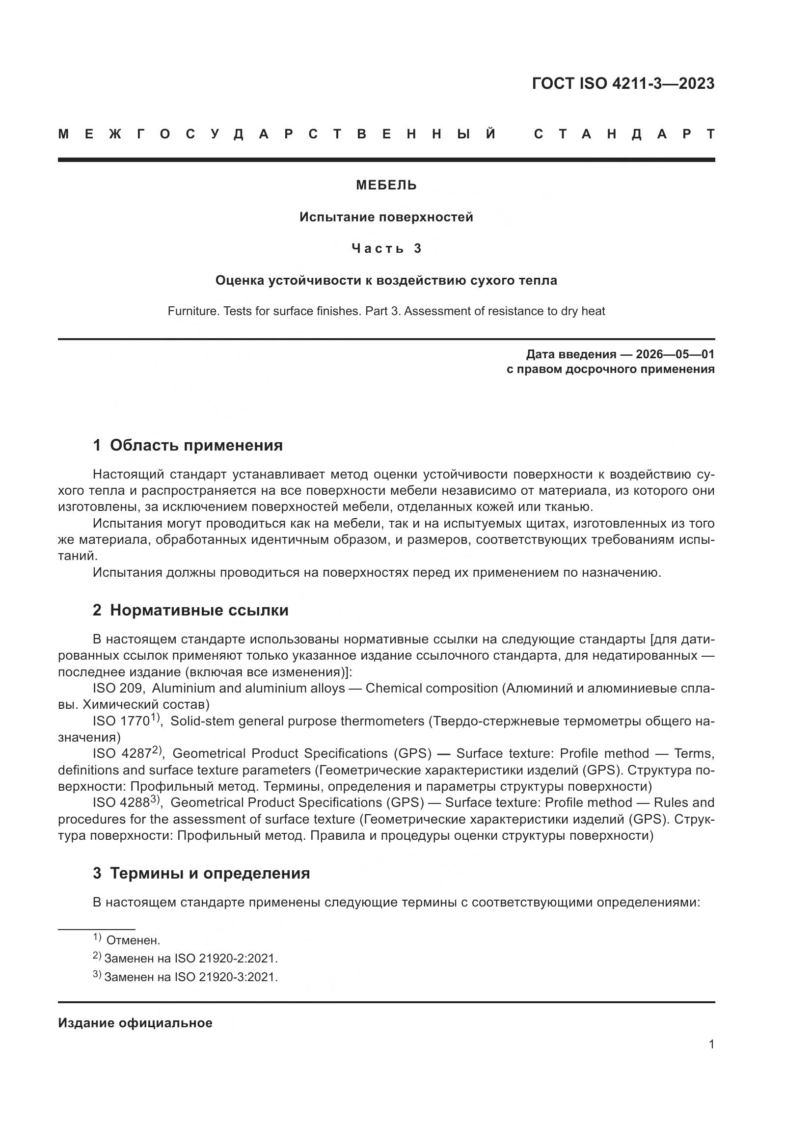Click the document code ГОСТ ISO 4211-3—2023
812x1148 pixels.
coord(623,83)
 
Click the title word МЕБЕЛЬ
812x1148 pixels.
coord(386,186)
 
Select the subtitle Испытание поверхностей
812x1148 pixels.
coord(386,217)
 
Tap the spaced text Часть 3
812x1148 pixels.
coord(386,248)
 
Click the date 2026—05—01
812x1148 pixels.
coord(675,354)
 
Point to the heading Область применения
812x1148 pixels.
coord(196,445)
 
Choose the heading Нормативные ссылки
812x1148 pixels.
coord(199,610)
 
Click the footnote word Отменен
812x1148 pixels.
coord(133,940)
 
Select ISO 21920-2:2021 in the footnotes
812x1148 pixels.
coord(225,959)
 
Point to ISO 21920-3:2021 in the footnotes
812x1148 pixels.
coord(225,977)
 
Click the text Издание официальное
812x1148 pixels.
coord(135,1023)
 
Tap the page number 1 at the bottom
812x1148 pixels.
coord(711,1044)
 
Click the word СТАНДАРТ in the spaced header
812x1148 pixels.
coord(624,134)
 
